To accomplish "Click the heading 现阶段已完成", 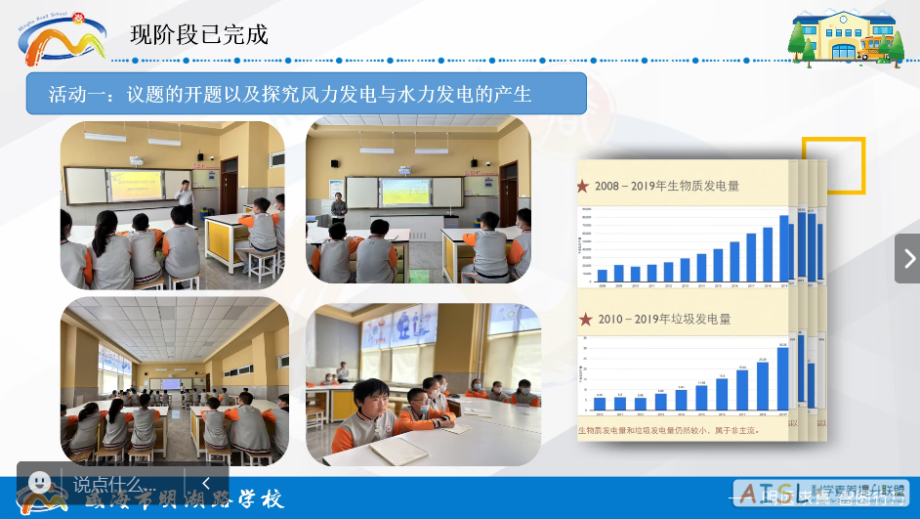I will [x=199, y=35].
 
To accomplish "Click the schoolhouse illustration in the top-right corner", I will [x=846, y=36].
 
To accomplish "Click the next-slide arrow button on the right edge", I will [x=908, y=259].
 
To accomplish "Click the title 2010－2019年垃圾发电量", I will [x=663, y=319].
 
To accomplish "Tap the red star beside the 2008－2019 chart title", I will [x=584, y=186].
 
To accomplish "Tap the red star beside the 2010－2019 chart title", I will [x=585, y=319].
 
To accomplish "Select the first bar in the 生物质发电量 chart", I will [x=602, y=275].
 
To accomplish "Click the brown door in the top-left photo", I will [x=229, y=186].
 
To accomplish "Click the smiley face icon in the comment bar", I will [x=40, y=483].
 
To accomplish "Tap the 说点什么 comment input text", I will [x=107, y=484].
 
